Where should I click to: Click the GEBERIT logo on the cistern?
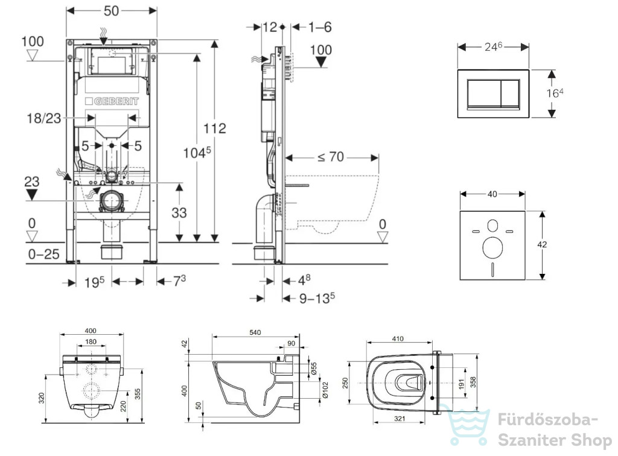click(112, 101)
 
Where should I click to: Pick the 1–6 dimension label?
click(320, 27)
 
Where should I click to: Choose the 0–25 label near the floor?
click(44, 254)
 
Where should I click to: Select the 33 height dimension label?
click(179, 212)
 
